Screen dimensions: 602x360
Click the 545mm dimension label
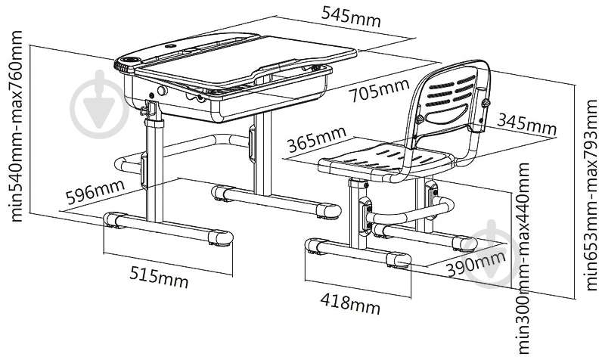pyautogui.click(x=351, y=17)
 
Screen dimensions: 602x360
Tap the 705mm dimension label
pyautogui.click(x=380, y=91)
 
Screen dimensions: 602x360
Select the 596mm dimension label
pyautogui.click(x=95, y=191)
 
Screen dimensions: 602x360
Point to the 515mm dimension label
pyautogui.click(x=159, y=276)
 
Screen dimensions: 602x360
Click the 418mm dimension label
pyautogui.click(x=350, y=303)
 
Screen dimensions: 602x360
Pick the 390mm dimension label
pyautogui.click(x=476, y=263)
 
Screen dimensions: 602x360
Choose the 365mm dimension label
pyautogui.click(x=317, y=139)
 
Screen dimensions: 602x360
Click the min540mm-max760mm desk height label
pyautogui.click(x=16, y=126)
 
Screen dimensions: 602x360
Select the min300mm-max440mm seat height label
pyautogui.click(x=523, y=259)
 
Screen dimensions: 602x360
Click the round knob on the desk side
pyautogui.click(x=163, y=91)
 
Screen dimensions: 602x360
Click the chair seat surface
pyautogui.click(x=386, y=160)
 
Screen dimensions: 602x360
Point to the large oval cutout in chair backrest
pyautogui.click(x=446, y=114)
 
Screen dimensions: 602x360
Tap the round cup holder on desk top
pyautogui.click(x=130, y=60)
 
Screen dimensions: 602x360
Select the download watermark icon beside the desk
pyautogui.click(x=99, y=104)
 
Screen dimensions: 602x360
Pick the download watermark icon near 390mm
pyautogui.click(x=491, y=253)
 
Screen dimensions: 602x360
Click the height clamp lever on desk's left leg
pyautogui.click(x=145, y=110)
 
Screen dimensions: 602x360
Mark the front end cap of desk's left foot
pyautogui.click(x=220, y=238)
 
